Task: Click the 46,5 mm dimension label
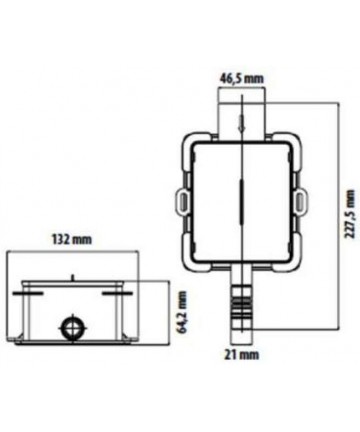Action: coord(241,79)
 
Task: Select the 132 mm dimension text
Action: coord(71,239)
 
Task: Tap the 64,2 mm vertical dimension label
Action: coord(182,312)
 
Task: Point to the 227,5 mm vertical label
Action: coord(350,214)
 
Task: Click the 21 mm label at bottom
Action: coord(241,355)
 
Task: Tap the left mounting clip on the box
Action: coord(182,200)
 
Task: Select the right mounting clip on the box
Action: coord(302,200)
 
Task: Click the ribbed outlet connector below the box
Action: coord(241,307)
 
